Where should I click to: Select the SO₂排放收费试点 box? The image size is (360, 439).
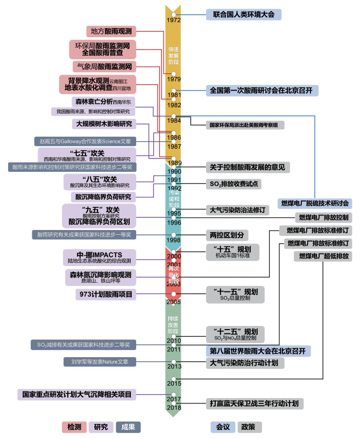[x=234, y=184]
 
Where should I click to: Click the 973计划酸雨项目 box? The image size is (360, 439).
[x=104, y=294]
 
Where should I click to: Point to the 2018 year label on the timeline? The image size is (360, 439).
[x=174, y=408]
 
